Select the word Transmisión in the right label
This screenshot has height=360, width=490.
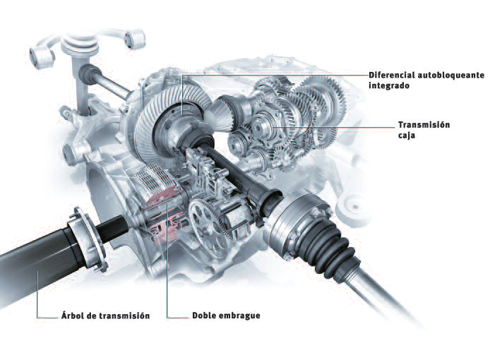pyautogui.click(x=424, y=124)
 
